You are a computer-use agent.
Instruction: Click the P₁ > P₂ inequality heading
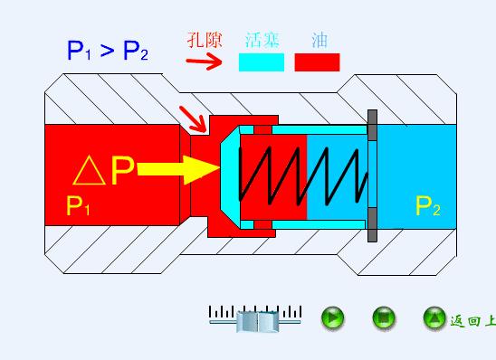(x=108, y=50)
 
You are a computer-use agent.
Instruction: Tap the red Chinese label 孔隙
(x=204, y=40)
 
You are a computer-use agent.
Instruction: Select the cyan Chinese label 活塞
(x=262, y=40)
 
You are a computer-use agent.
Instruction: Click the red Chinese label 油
(x=319, y=40)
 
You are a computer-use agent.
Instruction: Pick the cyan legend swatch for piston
(x=262, y=62)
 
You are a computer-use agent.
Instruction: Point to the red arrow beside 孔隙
(x=204, y=62)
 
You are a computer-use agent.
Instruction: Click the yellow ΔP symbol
(x=103, y=170)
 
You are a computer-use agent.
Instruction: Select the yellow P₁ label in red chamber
(x=79, y=206)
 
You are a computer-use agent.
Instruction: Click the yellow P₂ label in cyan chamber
(x=427, y=206)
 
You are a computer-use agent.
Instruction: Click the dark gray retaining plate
(x=372, y=176)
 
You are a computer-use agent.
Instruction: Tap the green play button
(x=333, y=317)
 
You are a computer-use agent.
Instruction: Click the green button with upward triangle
(x=434, y=317)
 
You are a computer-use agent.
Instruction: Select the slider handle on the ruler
(x=259, y=319)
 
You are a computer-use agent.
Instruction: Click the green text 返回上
(x=472, y=320)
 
